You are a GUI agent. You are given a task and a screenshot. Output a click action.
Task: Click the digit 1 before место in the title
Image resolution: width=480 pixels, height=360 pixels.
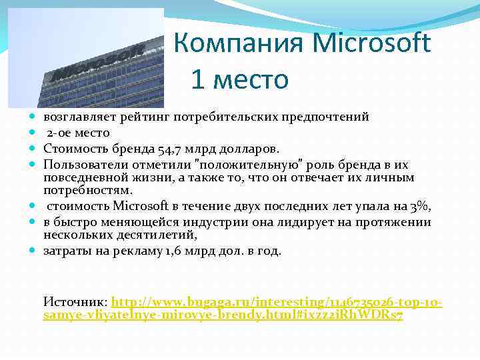pos(197,79)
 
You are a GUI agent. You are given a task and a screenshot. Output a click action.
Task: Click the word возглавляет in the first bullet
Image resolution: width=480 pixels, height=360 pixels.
pos(78,117)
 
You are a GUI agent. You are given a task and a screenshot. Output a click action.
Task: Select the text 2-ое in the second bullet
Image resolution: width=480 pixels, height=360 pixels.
pos(59,133)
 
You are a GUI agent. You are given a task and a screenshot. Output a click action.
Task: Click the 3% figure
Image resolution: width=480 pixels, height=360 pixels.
pos(420,207)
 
